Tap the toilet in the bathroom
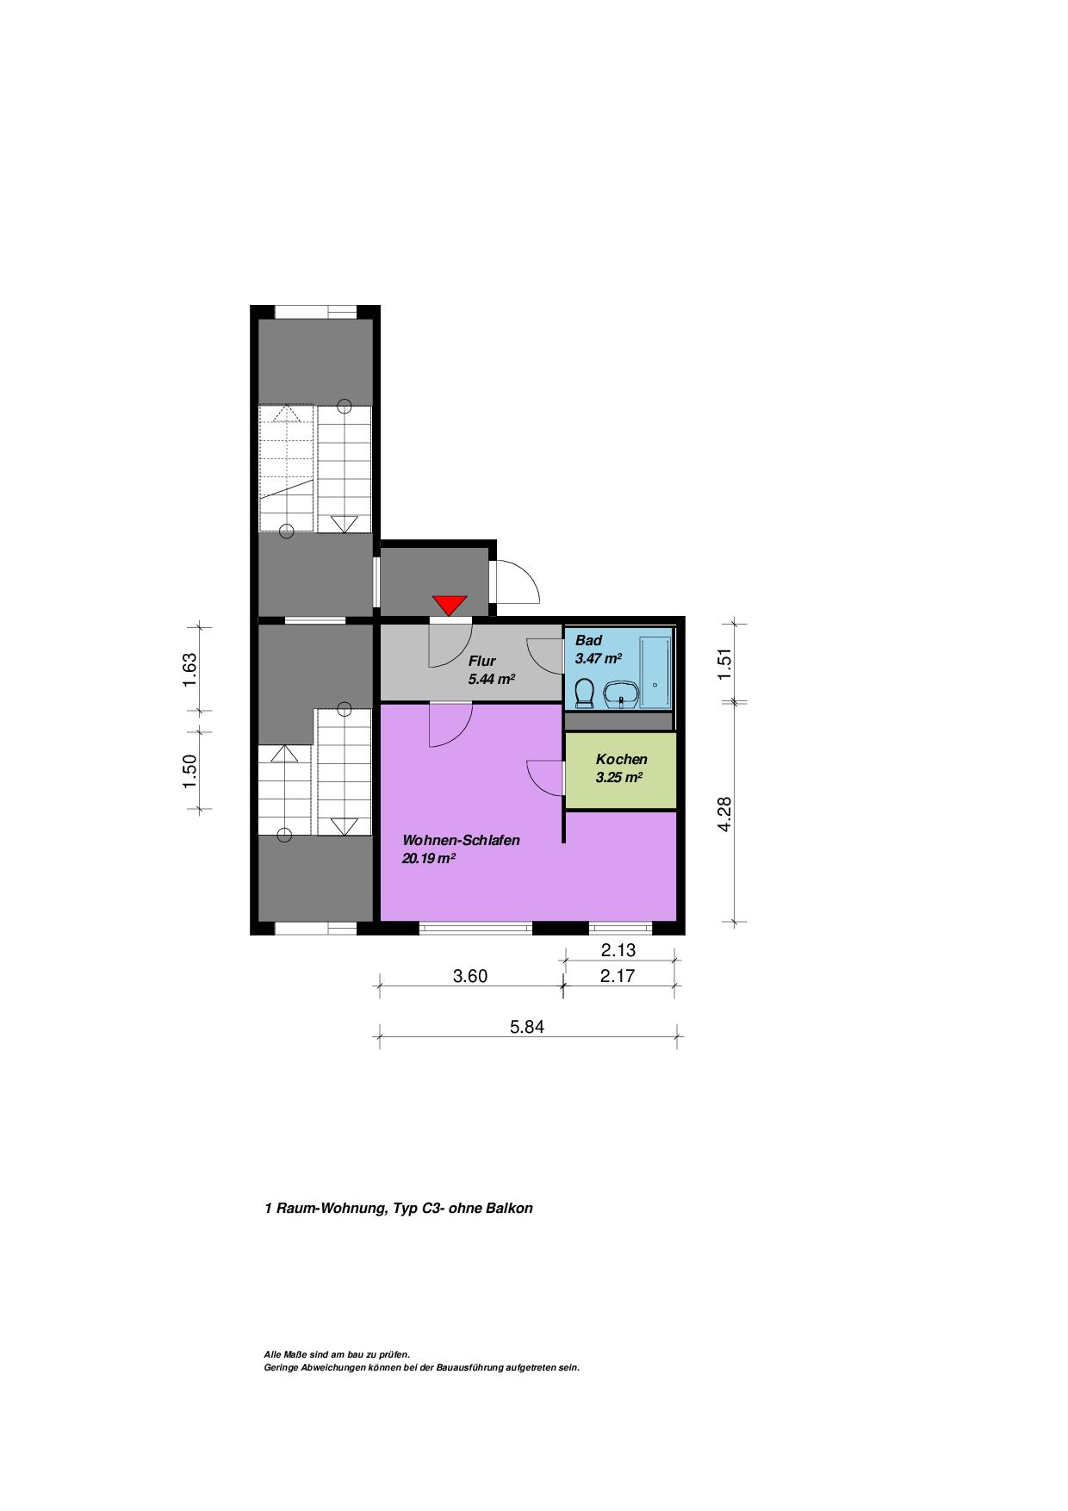tap(585, 693)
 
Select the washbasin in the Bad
tap(620, 694)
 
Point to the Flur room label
tap(481, 662)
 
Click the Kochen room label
tap(622, 760)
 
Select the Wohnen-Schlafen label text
tap(462, 841)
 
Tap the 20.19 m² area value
tap(429, 858)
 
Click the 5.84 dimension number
tap(527, 1027)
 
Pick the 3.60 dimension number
tap(470, 976)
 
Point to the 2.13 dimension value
tap(618, 950)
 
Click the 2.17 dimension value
tap(618, 976)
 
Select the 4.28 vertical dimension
tap(724, 814)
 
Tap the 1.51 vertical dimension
tap(724, 663)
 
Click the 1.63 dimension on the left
tap(190, 670)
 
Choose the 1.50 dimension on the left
tap(190, 771)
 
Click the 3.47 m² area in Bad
tap(599, 658)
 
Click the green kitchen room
tap(620, 770)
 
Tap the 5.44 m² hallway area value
tap(492, 679)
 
